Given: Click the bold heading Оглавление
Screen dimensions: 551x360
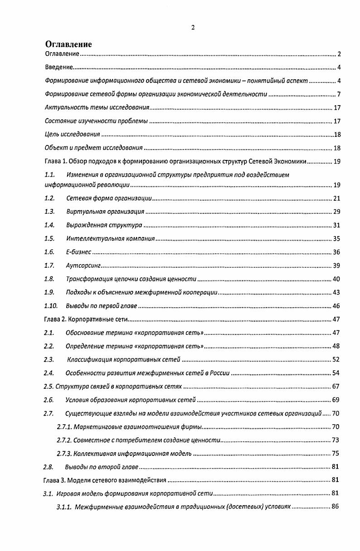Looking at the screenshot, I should coord(68,44).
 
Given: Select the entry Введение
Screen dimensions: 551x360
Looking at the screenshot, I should coord(59,68).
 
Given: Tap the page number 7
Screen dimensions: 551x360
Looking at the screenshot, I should coord(338,95).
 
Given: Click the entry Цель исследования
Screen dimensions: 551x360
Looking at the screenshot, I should coord(73,135).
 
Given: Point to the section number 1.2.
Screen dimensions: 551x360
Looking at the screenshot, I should coord(50,198).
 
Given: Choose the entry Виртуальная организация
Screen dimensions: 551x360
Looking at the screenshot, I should coord(105,212).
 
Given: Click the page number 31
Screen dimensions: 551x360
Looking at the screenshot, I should coord(336,225).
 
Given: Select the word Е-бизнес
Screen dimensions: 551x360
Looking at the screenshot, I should coord(78,252).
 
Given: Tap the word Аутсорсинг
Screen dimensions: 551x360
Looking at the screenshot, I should coord(83,266).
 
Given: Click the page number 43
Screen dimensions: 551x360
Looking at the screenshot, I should coord(336,292).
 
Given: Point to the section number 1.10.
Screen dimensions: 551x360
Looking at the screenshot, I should coord(51,306).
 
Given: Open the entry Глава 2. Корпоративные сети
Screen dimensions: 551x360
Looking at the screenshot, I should coord(86,319).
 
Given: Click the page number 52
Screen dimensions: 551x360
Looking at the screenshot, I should coord(336,360).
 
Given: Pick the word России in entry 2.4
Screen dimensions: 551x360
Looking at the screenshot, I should coord(219,373).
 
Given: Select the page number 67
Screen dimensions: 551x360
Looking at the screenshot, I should coord(336,387).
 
